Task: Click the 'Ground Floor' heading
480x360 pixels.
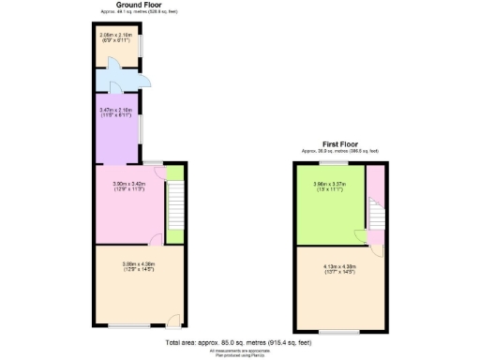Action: click(x=136, y=5)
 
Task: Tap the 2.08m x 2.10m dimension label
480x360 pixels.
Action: click(x=116, y=37)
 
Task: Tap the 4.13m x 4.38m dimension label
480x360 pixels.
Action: click(x=336, y=268)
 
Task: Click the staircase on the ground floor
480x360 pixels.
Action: click(x=175, y=204)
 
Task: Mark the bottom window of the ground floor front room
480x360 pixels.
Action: click(x=127, y=326)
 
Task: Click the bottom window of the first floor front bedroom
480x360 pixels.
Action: click(x=335, y=332)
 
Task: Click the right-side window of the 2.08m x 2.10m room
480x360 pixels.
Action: click(x=142, y=46)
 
